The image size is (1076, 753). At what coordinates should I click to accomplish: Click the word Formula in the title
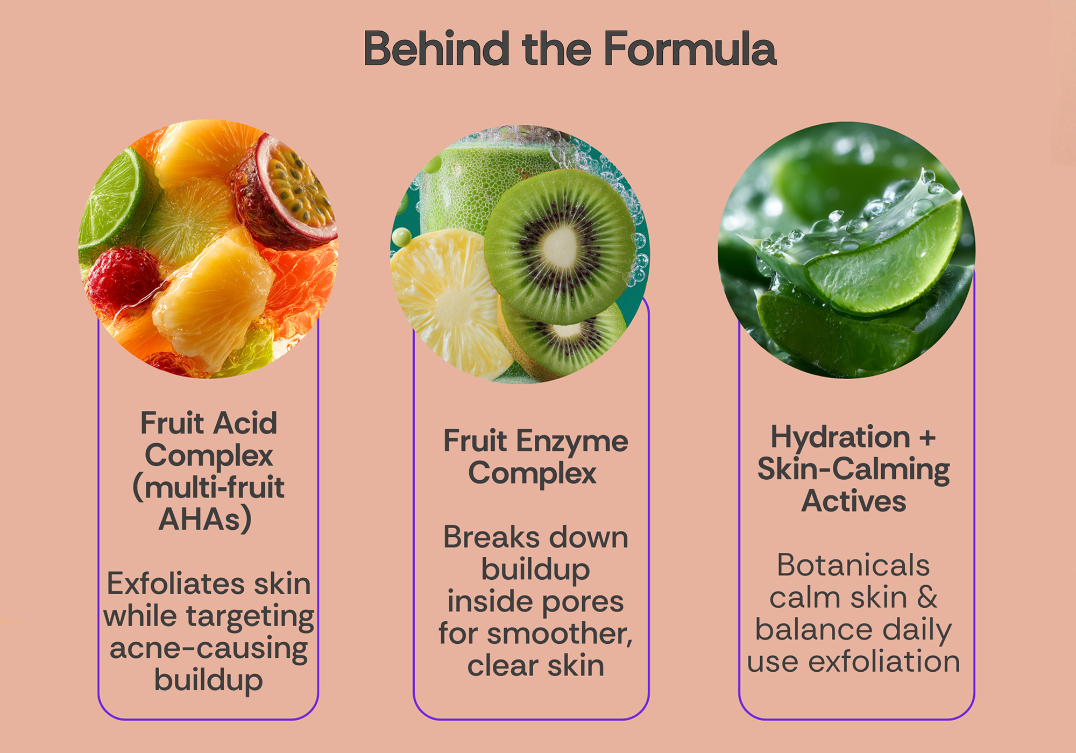pyautogui.click(x=690, y=48)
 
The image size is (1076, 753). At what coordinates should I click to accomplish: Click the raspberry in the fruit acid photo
pyautogui.click(x=122, y=280)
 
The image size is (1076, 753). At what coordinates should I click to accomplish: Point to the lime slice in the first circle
pyautogui.click(x=116, y=202)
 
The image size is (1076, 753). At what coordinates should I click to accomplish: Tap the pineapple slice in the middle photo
pyautogui.click(x=449, y=301)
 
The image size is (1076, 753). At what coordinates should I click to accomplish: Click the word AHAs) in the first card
pyautogui.click(x=206, y=519)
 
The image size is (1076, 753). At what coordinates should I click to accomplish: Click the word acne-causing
pyautogui.click(x=209, y=649)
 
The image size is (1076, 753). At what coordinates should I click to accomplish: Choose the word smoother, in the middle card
pyautogui.click(x=560, y=634)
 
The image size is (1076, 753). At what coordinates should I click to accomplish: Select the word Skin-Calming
pyautogui.click(x=854, y=470)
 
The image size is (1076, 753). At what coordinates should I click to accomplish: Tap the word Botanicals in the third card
pyautogui.click(x=853, y=565)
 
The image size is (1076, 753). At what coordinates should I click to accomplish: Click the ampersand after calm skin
pyautogui.click(x=927, y=597)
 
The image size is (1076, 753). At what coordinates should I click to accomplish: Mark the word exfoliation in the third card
pyautogui.click(x=884, y=662)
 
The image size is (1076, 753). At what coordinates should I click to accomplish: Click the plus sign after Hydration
pyautogui.click(x=928, y=438)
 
